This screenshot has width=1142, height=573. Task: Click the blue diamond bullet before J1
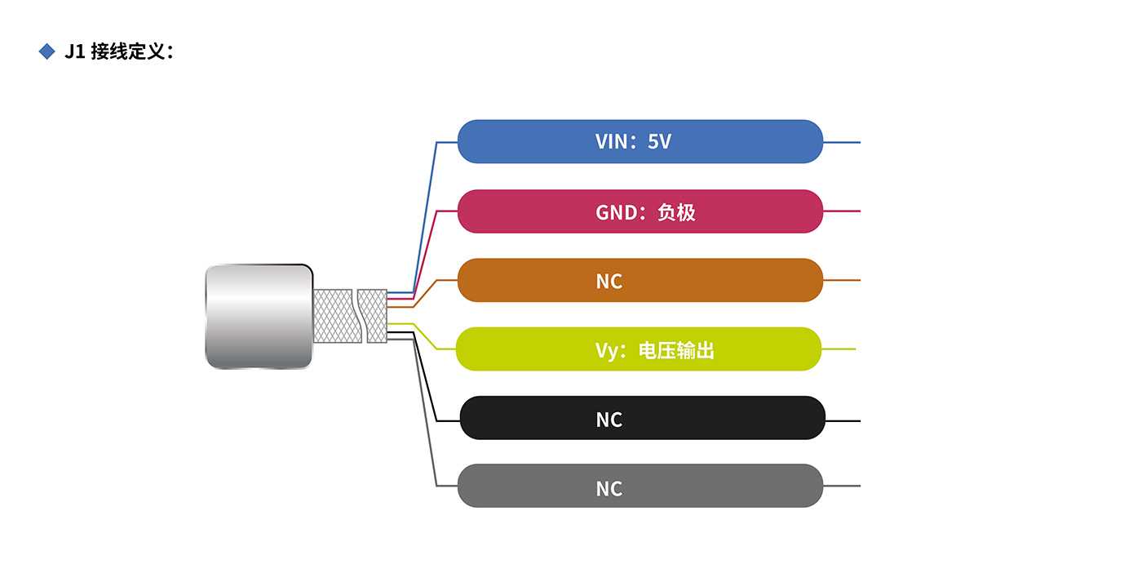pyautogui.click(x=46, y=51)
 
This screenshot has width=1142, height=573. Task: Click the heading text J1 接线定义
pyautogui.click(x=118, y=51)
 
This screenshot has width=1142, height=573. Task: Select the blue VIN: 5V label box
pyautogui.click(x=640, y=141)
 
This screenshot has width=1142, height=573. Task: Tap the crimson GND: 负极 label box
pyautogui.click(x=640, y=211)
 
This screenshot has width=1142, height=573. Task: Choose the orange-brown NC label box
pyautogui.click(x=640, y=280)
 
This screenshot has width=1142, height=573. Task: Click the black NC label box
pyautogui.click(x=642, y=418)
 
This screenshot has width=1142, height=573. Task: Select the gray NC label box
pyautogui.click(x=640, y=486)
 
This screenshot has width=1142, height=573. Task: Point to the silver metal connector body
pyautogui.click(x=258, y=316)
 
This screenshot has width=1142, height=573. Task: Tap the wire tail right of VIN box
pyautogui.click(x=842, y=142)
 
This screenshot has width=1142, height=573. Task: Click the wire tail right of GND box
pyautogui.click(x=842, y=211)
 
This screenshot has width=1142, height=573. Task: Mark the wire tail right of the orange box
pyautogui.click(x=842, y=280)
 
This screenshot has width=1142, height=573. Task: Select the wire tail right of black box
pyautogui.click(x=843, y=421)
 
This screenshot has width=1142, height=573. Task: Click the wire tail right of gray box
pyautogui.click(x=842, y=486)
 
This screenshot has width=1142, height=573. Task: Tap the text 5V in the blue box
pyautogui.click(x=659, y=141)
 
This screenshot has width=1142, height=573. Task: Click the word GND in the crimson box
pyautogui.click(x=616, y=212)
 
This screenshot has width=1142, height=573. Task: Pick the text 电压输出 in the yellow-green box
pyautogui.click(x=676, y=351)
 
